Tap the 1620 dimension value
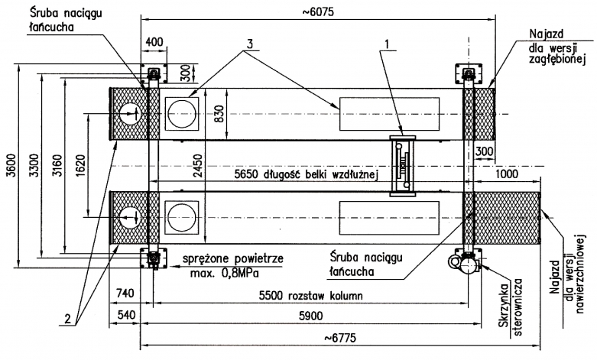pos(79,166)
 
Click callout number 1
pos(391,45)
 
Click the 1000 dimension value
pos(506,174)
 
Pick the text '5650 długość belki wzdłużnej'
pos(307,175)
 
